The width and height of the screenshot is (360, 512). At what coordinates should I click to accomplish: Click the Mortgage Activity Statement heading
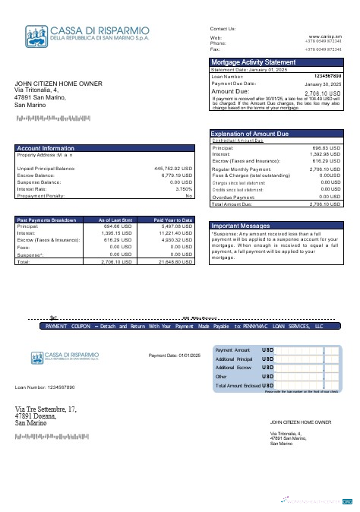point(253,62)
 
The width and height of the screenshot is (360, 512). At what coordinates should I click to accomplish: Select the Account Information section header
point(46,148)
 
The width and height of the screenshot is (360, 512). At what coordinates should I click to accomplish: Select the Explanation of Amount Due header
point(250,134)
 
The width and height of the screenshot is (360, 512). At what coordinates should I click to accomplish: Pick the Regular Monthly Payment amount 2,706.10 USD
point(325,169)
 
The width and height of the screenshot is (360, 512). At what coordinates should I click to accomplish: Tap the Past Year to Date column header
point(173,219)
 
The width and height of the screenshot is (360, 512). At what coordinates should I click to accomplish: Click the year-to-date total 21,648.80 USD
point(175,261)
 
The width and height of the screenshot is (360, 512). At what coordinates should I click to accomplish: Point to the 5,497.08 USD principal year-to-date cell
point(177,226)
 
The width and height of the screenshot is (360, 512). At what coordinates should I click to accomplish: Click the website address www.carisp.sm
point(325,36)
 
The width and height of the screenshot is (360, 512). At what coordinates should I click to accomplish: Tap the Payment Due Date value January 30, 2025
point(323,84)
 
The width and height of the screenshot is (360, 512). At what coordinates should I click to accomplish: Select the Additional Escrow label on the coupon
point(234,368)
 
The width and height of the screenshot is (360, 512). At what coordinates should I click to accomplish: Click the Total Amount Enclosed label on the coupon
point(238,386)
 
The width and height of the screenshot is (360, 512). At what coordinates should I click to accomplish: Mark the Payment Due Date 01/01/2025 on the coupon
point(174,356)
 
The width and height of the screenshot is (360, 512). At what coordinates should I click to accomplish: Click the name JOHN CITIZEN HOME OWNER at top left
point(58,84)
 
